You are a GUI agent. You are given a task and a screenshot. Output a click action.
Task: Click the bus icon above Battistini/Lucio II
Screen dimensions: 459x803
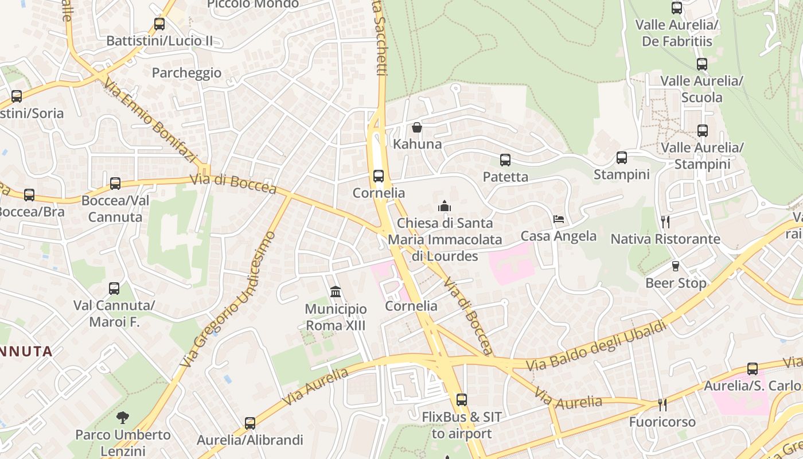click(x=159, y=24)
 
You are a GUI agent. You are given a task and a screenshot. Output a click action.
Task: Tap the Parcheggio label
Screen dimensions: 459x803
click(x=186, y=73)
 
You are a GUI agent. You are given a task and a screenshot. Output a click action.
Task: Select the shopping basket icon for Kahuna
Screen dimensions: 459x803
click(x=417, y=127)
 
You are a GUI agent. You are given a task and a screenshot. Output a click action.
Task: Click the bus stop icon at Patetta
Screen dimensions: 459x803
click(x=505, y=160)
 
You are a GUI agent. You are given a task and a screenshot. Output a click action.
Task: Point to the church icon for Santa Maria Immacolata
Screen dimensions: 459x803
click(x=444, y=206)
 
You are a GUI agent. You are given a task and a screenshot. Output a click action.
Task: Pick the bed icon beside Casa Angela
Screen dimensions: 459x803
click(x=558, y=219)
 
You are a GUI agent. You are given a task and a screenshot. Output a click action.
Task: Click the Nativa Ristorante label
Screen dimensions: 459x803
click(x=665, y=239)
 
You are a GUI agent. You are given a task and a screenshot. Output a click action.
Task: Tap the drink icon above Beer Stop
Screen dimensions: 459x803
click(x=676, y=266)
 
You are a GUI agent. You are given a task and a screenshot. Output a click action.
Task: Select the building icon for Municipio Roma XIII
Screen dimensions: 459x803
click(x=336, y=292)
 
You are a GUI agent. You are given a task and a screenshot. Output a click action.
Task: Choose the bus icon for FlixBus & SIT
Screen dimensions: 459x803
click(x=461, y=400)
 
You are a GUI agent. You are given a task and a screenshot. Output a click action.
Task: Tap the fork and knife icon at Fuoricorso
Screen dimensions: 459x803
click(x=662, y=405)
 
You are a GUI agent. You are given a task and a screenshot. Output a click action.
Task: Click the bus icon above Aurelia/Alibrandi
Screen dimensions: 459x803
click(x=250, y=423)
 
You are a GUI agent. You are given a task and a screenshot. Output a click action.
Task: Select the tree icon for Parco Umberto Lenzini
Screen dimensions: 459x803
click(x=122, y=418)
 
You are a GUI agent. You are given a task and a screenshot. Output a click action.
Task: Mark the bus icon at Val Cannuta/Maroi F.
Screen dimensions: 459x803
click(x=114, y=289)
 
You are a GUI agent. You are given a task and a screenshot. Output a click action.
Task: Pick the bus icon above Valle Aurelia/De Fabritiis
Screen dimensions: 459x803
click(x=677, y=8)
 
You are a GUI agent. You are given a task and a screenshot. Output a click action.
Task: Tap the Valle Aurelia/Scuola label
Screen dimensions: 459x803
click(x=701, y=89)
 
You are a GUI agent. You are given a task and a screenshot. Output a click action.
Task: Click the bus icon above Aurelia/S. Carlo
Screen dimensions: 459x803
click(x=752, y=369)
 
